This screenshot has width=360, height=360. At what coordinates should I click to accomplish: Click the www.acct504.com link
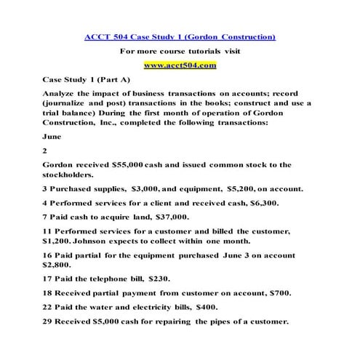180,65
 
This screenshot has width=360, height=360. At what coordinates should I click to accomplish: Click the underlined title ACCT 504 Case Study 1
180,36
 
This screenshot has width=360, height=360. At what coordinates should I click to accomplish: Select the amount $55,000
117,164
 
